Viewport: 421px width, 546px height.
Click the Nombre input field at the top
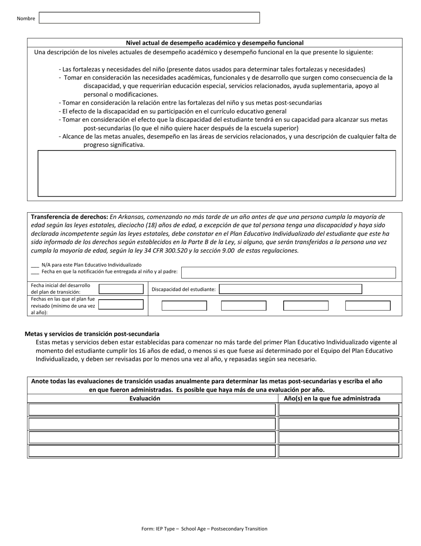click(149, 18)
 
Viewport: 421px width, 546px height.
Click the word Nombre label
click(26, 19)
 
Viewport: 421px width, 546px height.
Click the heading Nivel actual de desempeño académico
click(214, 43)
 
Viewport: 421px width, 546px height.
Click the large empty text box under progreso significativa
click(216, 173)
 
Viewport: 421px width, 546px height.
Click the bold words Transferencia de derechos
click(69, 217)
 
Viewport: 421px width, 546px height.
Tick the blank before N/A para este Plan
click(35, 265)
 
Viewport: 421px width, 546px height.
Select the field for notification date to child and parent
click(288, 272)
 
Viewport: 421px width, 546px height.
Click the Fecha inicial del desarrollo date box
click(121, 289)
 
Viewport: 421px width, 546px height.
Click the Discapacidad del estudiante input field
click(290, 289)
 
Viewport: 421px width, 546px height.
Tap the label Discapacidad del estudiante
click(183, 289)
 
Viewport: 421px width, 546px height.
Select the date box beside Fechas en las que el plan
click(121, 305)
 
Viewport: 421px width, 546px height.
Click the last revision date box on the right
click(367, 306)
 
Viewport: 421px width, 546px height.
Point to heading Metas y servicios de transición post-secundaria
click(92, 334)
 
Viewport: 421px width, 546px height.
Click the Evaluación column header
click(145, 399)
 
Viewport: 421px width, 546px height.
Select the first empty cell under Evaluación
click(152, 409)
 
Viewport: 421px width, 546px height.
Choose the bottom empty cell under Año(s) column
click(339, 451)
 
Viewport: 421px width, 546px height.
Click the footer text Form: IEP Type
click(204, 529)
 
